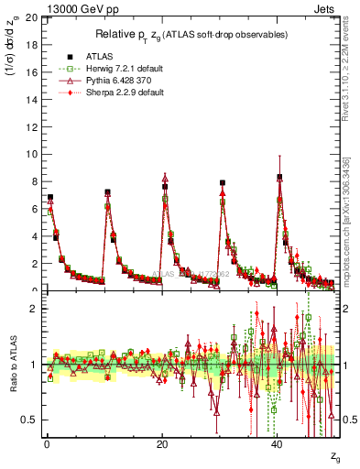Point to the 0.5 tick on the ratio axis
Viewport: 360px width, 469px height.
point(29,420)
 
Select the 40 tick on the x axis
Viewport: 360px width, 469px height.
point(277,444)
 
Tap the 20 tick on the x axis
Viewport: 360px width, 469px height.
point(161,444)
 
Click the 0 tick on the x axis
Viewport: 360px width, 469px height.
point(46,444)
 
